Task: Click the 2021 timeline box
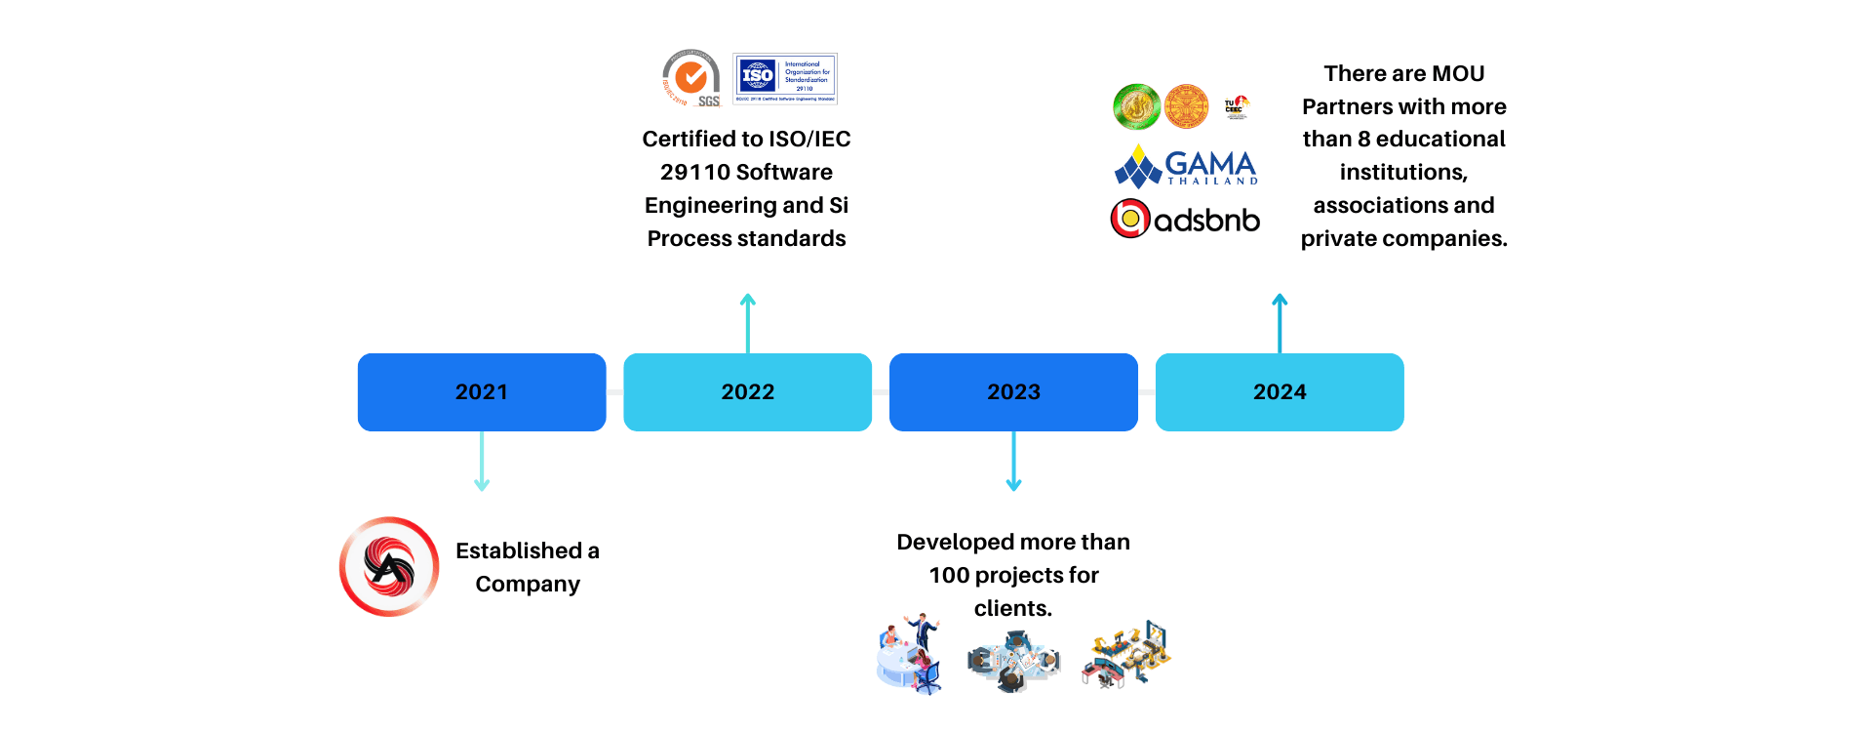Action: (x=482, y=391)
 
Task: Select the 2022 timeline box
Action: (x=747, y=391)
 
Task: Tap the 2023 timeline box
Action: (x=1013, y=391)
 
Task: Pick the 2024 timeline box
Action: (x=1280, y=391)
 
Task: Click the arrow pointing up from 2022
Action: (x=747, y=322)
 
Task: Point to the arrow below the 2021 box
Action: (x=482, y=462)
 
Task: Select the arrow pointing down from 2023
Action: (x=1013, y=462)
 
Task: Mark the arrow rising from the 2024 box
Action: (x=1280, y=322)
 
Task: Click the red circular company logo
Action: (x=389, y=566)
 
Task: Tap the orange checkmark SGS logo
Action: (x=691, y=78)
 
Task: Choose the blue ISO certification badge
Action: (x=785, y=78)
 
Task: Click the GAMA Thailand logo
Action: (x=1186, y=166)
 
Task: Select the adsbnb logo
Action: (x=1185, y=219)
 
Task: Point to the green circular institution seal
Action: (x=1136, y=106)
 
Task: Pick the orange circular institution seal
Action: (x=1186, y=106)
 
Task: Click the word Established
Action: (x=519, y=550)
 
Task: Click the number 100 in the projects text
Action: (x=949, y=575)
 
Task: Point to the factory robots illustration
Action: (x=1126, y=655)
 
